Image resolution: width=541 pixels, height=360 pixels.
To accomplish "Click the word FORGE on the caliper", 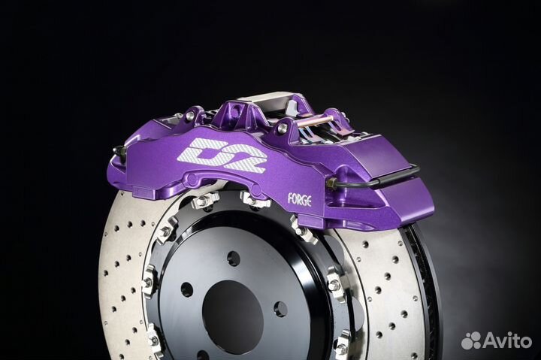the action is (x=300, y=199).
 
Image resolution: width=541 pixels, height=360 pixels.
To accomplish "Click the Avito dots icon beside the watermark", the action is (x=471, y=340).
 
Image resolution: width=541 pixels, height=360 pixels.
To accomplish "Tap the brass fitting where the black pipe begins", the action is (x=334, y=183).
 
